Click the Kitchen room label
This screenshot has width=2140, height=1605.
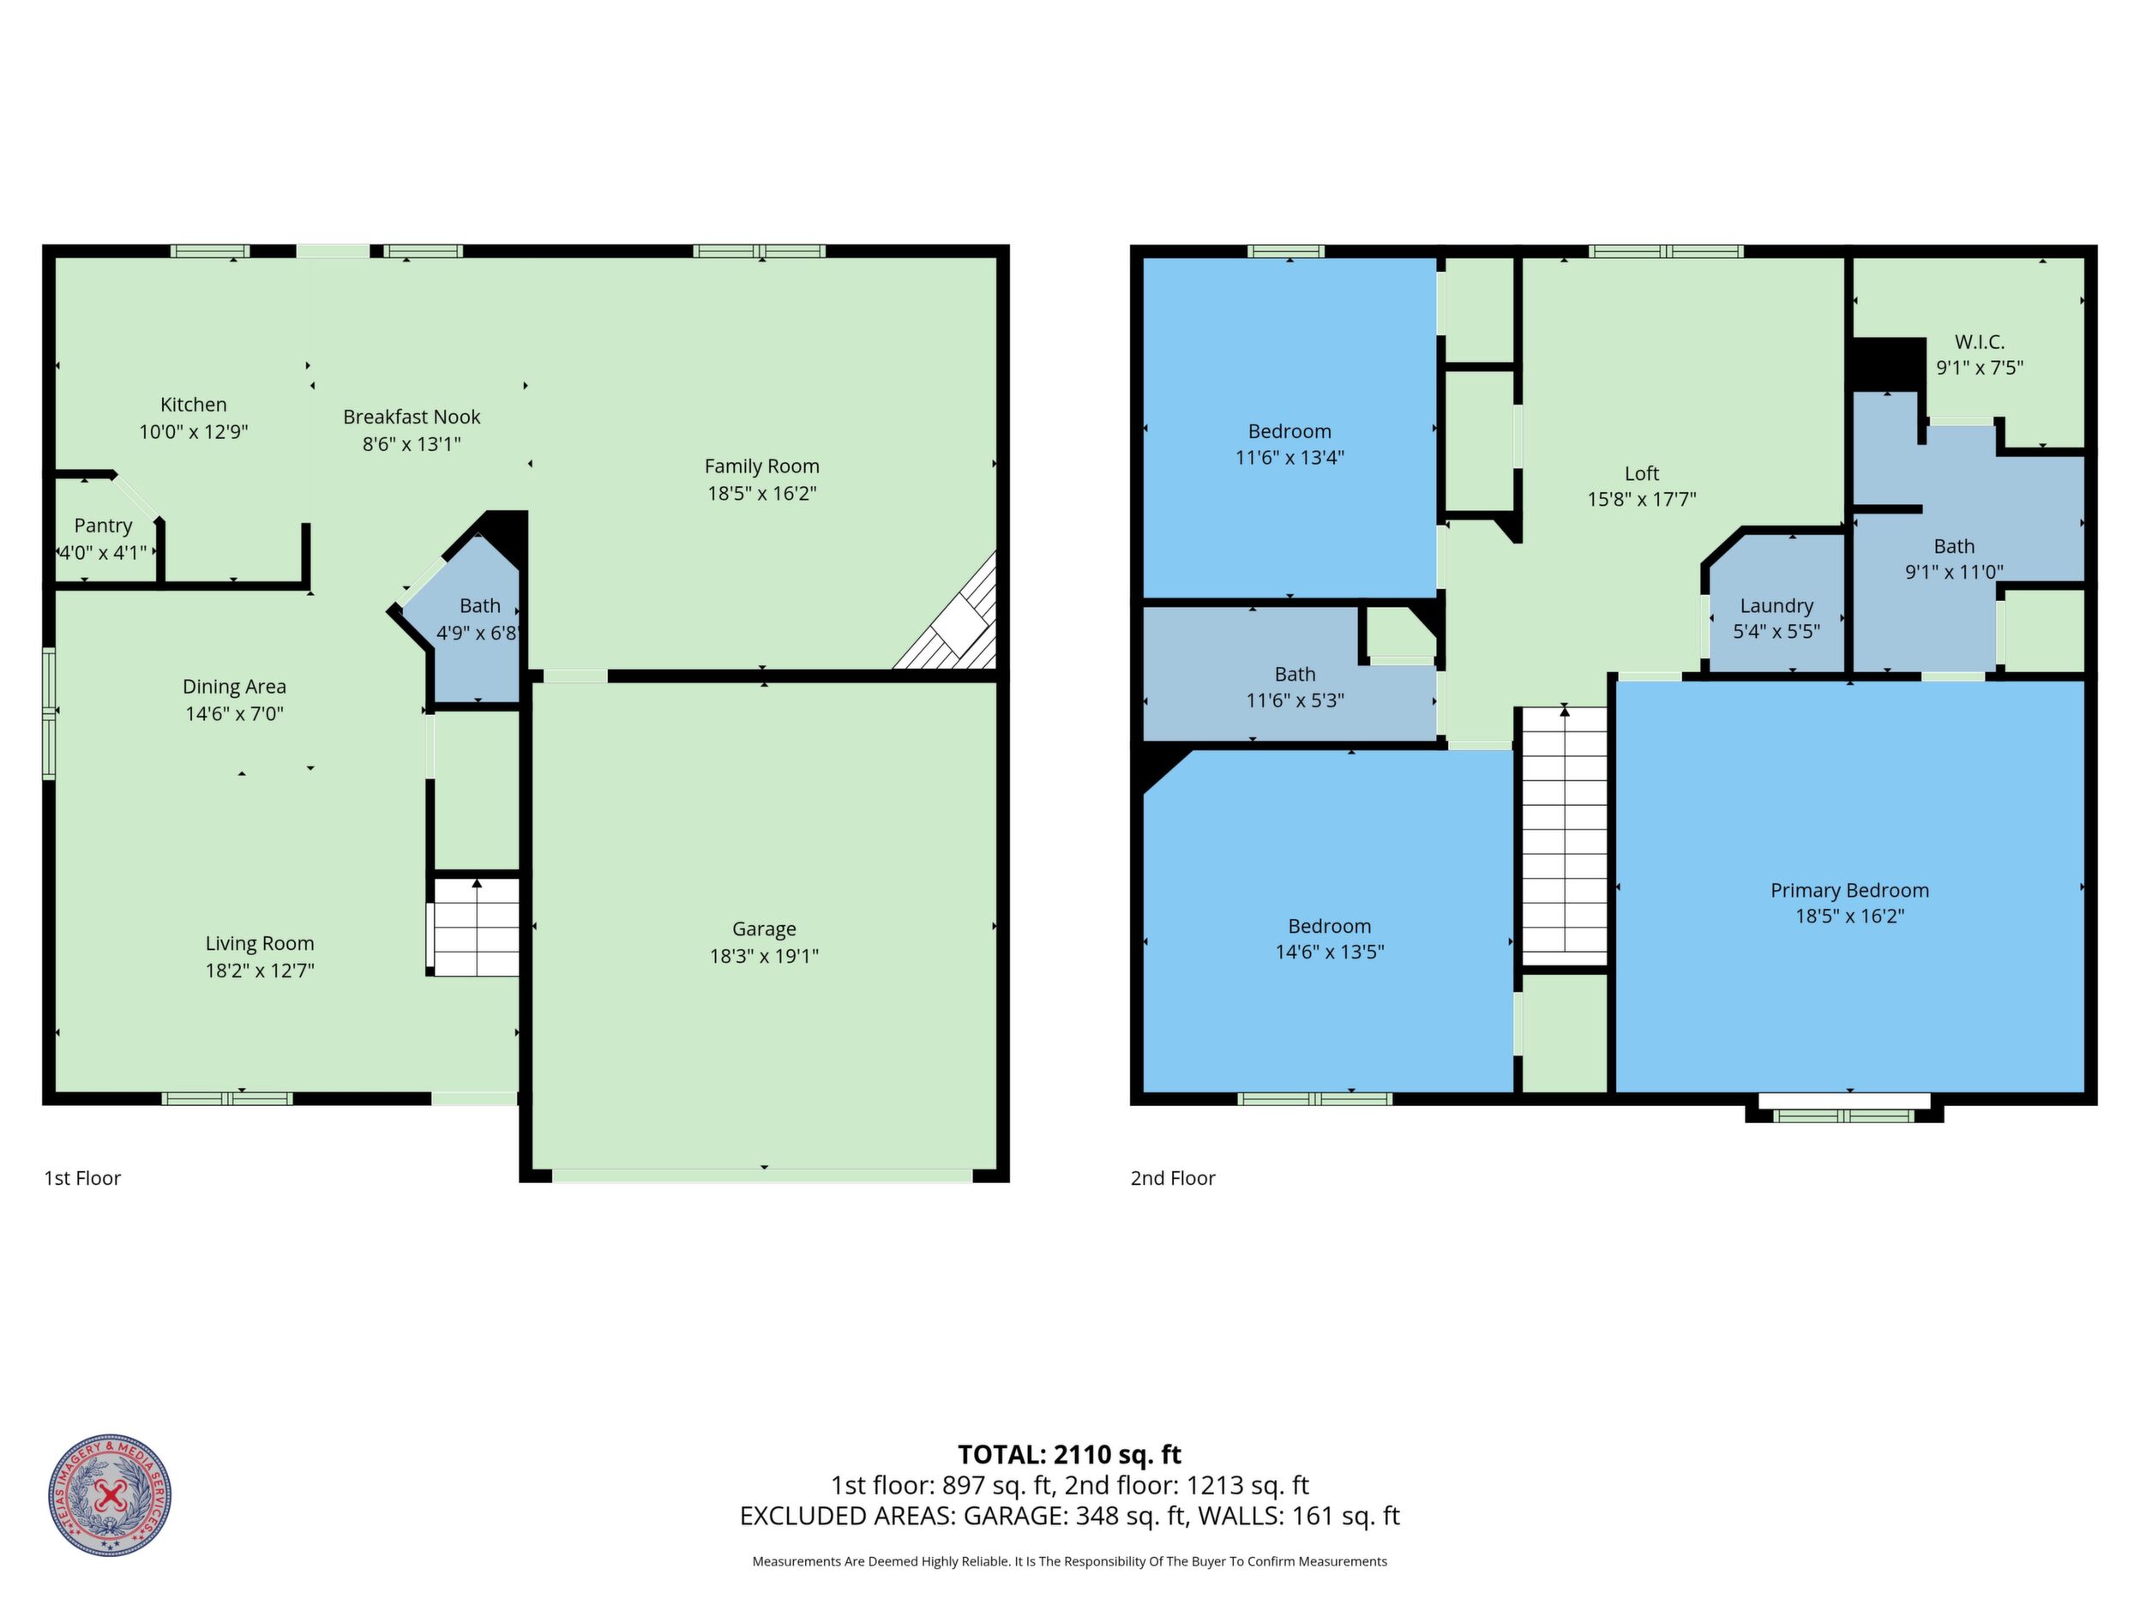click(194, 405)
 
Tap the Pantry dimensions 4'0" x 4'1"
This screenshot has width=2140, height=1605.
click(104, 552)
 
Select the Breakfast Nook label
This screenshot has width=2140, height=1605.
click(412, 417)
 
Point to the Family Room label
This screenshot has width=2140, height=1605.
click(761, 466)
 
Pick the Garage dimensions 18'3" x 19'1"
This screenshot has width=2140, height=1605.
click(763, 956)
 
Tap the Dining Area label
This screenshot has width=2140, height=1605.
click(234, 687)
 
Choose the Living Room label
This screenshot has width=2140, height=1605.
click(259, 943)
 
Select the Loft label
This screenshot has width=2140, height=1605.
click(1642, 473)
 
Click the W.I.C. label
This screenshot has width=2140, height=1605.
click(1980, 341)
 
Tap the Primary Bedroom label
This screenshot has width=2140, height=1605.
click(1849, 890)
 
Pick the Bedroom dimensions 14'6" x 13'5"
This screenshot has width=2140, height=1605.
click(1329, 952)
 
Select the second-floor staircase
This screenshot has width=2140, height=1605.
click(1566, 836)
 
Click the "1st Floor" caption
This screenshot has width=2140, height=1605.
click(82, 1177)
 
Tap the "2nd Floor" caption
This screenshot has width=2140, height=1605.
click(1173, 1177)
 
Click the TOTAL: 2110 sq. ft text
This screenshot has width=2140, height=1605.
click(1069, 1454)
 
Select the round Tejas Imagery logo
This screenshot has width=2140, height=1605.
click(111, 1494)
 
